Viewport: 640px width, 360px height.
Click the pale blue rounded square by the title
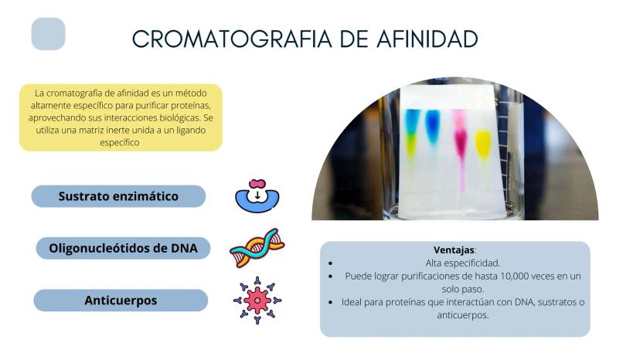48,34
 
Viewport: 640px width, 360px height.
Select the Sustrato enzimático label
118,196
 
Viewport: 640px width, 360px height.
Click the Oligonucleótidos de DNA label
123,248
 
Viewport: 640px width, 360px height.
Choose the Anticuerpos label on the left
121,301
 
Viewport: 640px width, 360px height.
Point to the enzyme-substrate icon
257,196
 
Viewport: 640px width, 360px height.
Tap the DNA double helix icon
257,248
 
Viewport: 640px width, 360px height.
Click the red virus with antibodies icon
257,301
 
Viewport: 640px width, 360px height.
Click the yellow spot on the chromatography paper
483,143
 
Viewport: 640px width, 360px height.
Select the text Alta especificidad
462,263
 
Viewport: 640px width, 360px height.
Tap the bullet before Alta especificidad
330,263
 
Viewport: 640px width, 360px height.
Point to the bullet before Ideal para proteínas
330,303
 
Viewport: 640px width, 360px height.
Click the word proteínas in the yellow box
191,105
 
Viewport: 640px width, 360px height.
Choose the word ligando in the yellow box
191,131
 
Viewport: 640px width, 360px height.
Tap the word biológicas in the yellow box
179,118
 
